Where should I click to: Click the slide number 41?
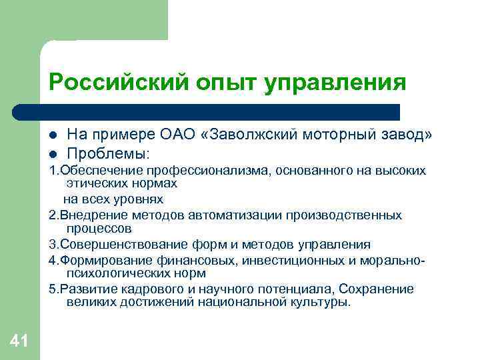(x=19, y=341)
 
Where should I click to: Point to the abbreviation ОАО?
(x=180, y=135)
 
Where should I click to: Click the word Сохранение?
(x=377, y=288)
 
